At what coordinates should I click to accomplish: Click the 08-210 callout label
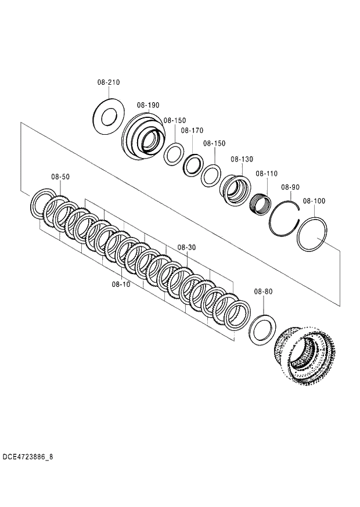(109, 82)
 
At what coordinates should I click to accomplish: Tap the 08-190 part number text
(148, 105)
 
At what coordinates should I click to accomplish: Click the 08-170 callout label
(192, 131)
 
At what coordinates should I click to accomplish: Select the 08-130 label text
(242, 159)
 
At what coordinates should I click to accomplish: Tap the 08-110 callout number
(267, 174)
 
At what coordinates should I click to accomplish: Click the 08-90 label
(290, 187)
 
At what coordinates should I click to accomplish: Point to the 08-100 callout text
(314, 201)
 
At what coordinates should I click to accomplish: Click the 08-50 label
(60, 177)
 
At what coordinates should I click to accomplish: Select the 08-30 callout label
(186, 247)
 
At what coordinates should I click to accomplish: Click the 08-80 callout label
(263, 290)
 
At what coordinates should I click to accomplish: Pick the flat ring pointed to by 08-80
(262, 329)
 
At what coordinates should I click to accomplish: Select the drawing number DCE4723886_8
(27, 456)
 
